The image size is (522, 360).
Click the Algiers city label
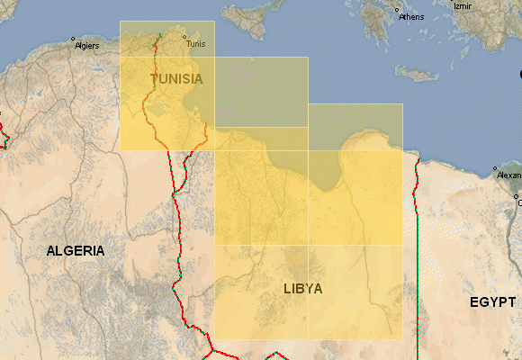click(86, 45)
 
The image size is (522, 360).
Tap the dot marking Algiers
click(73, 38)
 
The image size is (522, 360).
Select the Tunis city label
click(194, 43)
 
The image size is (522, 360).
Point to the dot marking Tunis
click(184, 37)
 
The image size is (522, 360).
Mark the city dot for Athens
click(397, 10)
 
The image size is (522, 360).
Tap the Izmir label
click(463, 5)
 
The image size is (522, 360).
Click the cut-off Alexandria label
click(508, 175)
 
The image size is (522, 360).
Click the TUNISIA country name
click(176, 79)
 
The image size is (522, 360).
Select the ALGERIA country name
click(76, 251)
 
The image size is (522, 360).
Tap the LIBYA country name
click(302, 289)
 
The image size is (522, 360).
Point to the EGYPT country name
click(493, 303)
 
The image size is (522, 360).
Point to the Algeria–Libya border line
click(178, 234)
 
